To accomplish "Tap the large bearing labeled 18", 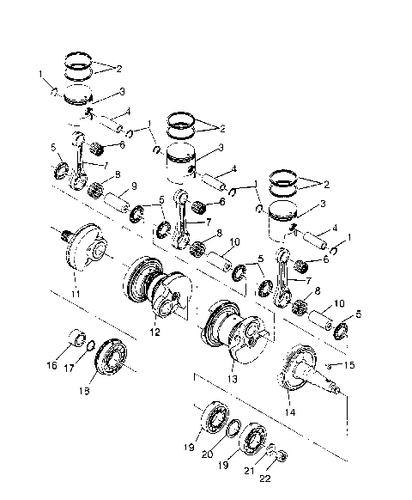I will pos(110,357).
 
